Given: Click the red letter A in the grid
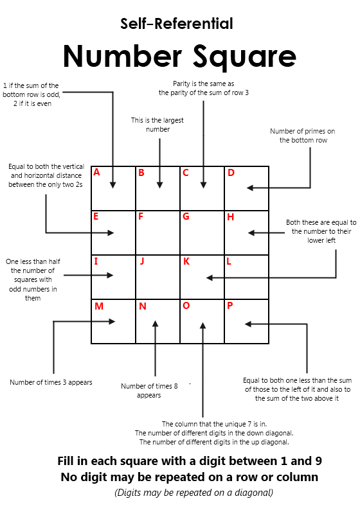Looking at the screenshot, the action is click(x=96, y=172).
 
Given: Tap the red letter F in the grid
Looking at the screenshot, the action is click(x=141, y=216).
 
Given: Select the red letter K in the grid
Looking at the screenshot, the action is click(x=186, y=261).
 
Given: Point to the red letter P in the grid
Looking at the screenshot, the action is click(x=230, y=306).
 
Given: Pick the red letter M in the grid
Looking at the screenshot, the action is click(x=99, y=306).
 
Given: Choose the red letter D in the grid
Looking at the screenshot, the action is click(x=231, y=172).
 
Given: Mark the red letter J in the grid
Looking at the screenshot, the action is click(x=142, y=261).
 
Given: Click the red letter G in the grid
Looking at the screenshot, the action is click(x=186, y=216).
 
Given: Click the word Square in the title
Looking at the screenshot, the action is click(x=244, y=57).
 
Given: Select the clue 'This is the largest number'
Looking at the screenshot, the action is click(x=157, y=125).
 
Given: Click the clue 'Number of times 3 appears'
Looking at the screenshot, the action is click(x=51, y=382).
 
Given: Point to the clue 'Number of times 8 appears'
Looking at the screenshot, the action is click(x=149, y=391).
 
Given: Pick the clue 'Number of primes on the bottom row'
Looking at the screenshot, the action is click(x=303, y=136).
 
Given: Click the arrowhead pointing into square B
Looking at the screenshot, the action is click(x=159, y=185).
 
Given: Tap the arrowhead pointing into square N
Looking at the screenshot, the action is click(x=156, y=324).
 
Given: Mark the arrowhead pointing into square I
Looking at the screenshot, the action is click(x=110, y=275).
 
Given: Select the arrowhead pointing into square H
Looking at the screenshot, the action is click(x=251, y=233).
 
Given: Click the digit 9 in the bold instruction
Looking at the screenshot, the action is click(x=318, y=461).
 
